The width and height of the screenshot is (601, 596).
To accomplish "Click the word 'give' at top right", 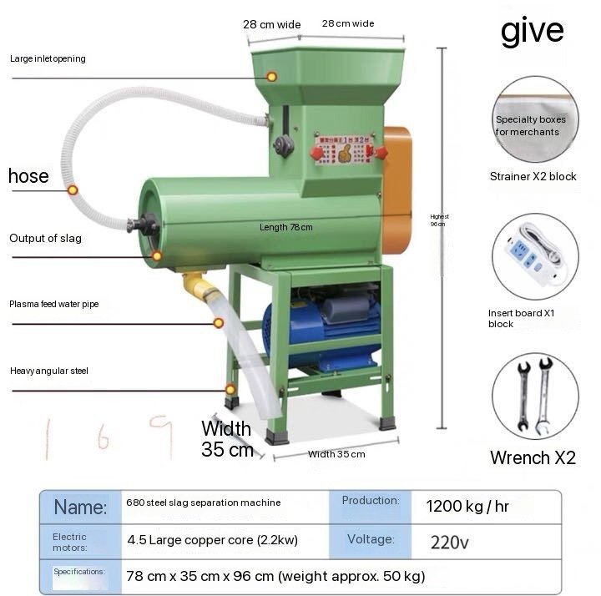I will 532,32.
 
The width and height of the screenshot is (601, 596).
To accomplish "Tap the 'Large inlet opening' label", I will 48,59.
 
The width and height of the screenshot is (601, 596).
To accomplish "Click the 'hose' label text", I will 28,176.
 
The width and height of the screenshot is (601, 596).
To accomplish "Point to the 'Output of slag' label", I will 45,239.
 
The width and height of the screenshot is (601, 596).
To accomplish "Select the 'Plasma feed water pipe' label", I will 54,305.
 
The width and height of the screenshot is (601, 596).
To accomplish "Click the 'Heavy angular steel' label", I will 49,371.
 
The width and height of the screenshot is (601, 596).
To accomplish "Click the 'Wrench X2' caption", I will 533,457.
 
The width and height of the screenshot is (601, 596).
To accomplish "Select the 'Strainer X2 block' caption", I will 533,177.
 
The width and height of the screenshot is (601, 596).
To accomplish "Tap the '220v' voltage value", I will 450,542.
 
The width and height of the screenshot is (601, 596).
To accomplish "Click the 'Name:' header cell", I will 80,507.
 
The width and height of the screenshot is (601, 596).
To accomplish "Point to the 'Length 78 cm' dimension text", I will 285,227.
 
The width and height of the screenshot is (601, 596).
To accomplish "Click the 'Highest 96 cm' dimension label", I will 437,220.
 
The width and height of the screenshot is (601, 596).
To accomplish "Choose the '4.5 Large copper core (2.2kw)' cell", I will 213,540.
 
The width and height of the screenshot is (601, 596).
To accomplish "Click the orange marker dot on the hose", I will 73,190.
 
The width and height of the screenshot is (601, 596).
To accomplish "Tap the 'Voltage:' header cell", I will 370,539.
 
